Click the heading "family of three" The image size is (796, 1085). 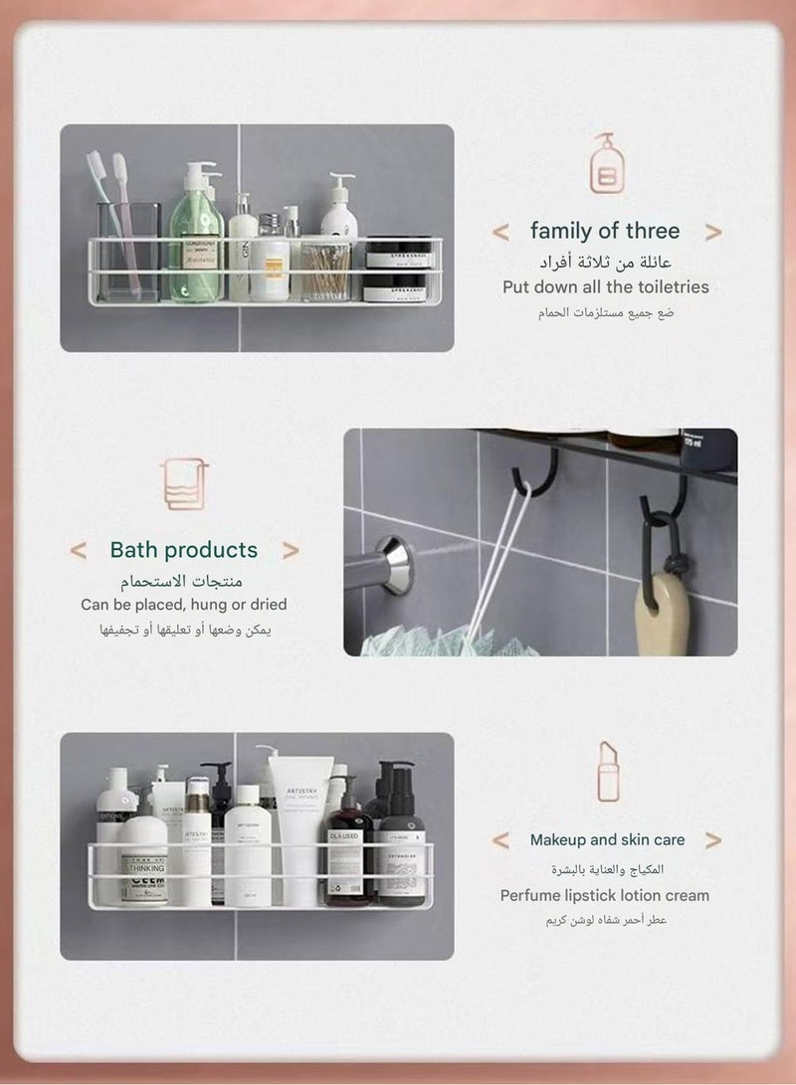605,232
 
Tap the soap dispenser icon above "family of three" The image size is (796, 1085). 607,164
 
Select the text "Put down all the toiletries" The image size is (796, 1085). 605,287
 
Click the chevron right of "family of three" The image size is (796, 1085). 712,233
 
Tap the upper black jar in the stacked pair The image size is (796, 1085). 398,255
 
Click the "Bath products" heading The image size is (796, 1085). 183,550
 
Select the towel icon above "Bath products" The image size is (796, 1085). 184,483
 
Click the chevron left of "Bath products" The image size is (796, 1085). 78,551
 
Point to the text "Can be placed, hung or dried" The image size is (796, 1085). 183,605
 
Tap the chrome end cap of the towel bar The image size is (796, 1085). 394,565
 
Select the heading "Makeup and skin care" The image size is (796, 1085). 607,840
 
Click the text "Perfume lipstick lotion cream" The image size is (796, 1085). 605,895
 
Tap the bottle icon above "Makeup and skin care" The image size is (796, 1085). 607,771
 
